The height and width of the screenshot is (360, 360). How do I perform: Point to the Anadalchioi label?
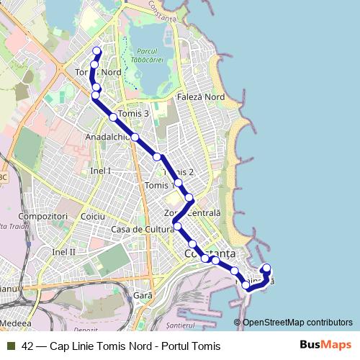(107, 136)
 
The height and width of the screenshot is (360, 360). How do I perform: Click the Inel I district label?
(100, 171)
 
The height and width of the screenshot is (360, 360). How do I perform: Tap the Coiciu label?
(94, 216)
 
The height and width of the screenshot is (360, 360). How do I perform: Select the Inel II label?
(64, 252)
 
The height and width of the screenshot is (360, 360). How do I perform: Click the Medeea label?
(16, 325)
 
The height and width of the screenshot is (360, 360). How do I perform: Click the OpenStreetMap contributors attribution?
(297, 323)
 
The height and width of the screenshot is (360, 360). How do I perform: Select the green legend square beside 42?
(9, 346)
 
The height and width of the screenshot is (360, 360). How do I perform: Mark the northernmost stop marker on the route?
(97, 51)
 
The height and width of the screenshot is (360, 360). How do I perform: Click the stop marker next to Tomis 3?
(113, 117)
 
